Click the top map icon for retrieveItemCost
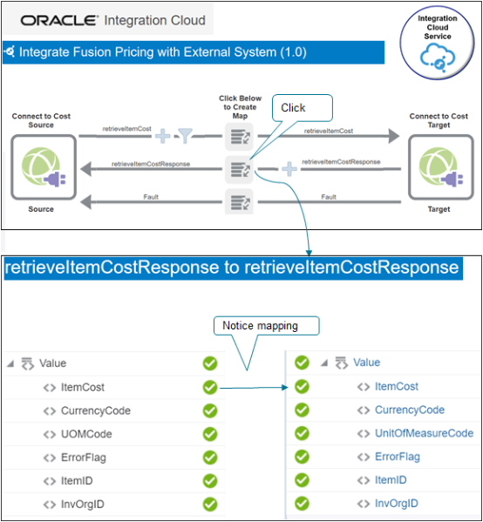point(238,135)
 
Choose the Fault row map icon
point(238,203)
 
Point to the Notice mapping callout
point(266,326)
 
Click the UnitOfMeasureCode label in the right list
point(424,433)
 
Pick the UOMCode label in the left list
point(85,433)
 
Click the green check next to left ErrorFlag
point(209,457)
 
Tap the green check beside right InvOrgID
point(302,503)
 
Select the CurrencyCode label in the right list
point(410,410)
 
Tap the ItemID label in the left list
point(78,480)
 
